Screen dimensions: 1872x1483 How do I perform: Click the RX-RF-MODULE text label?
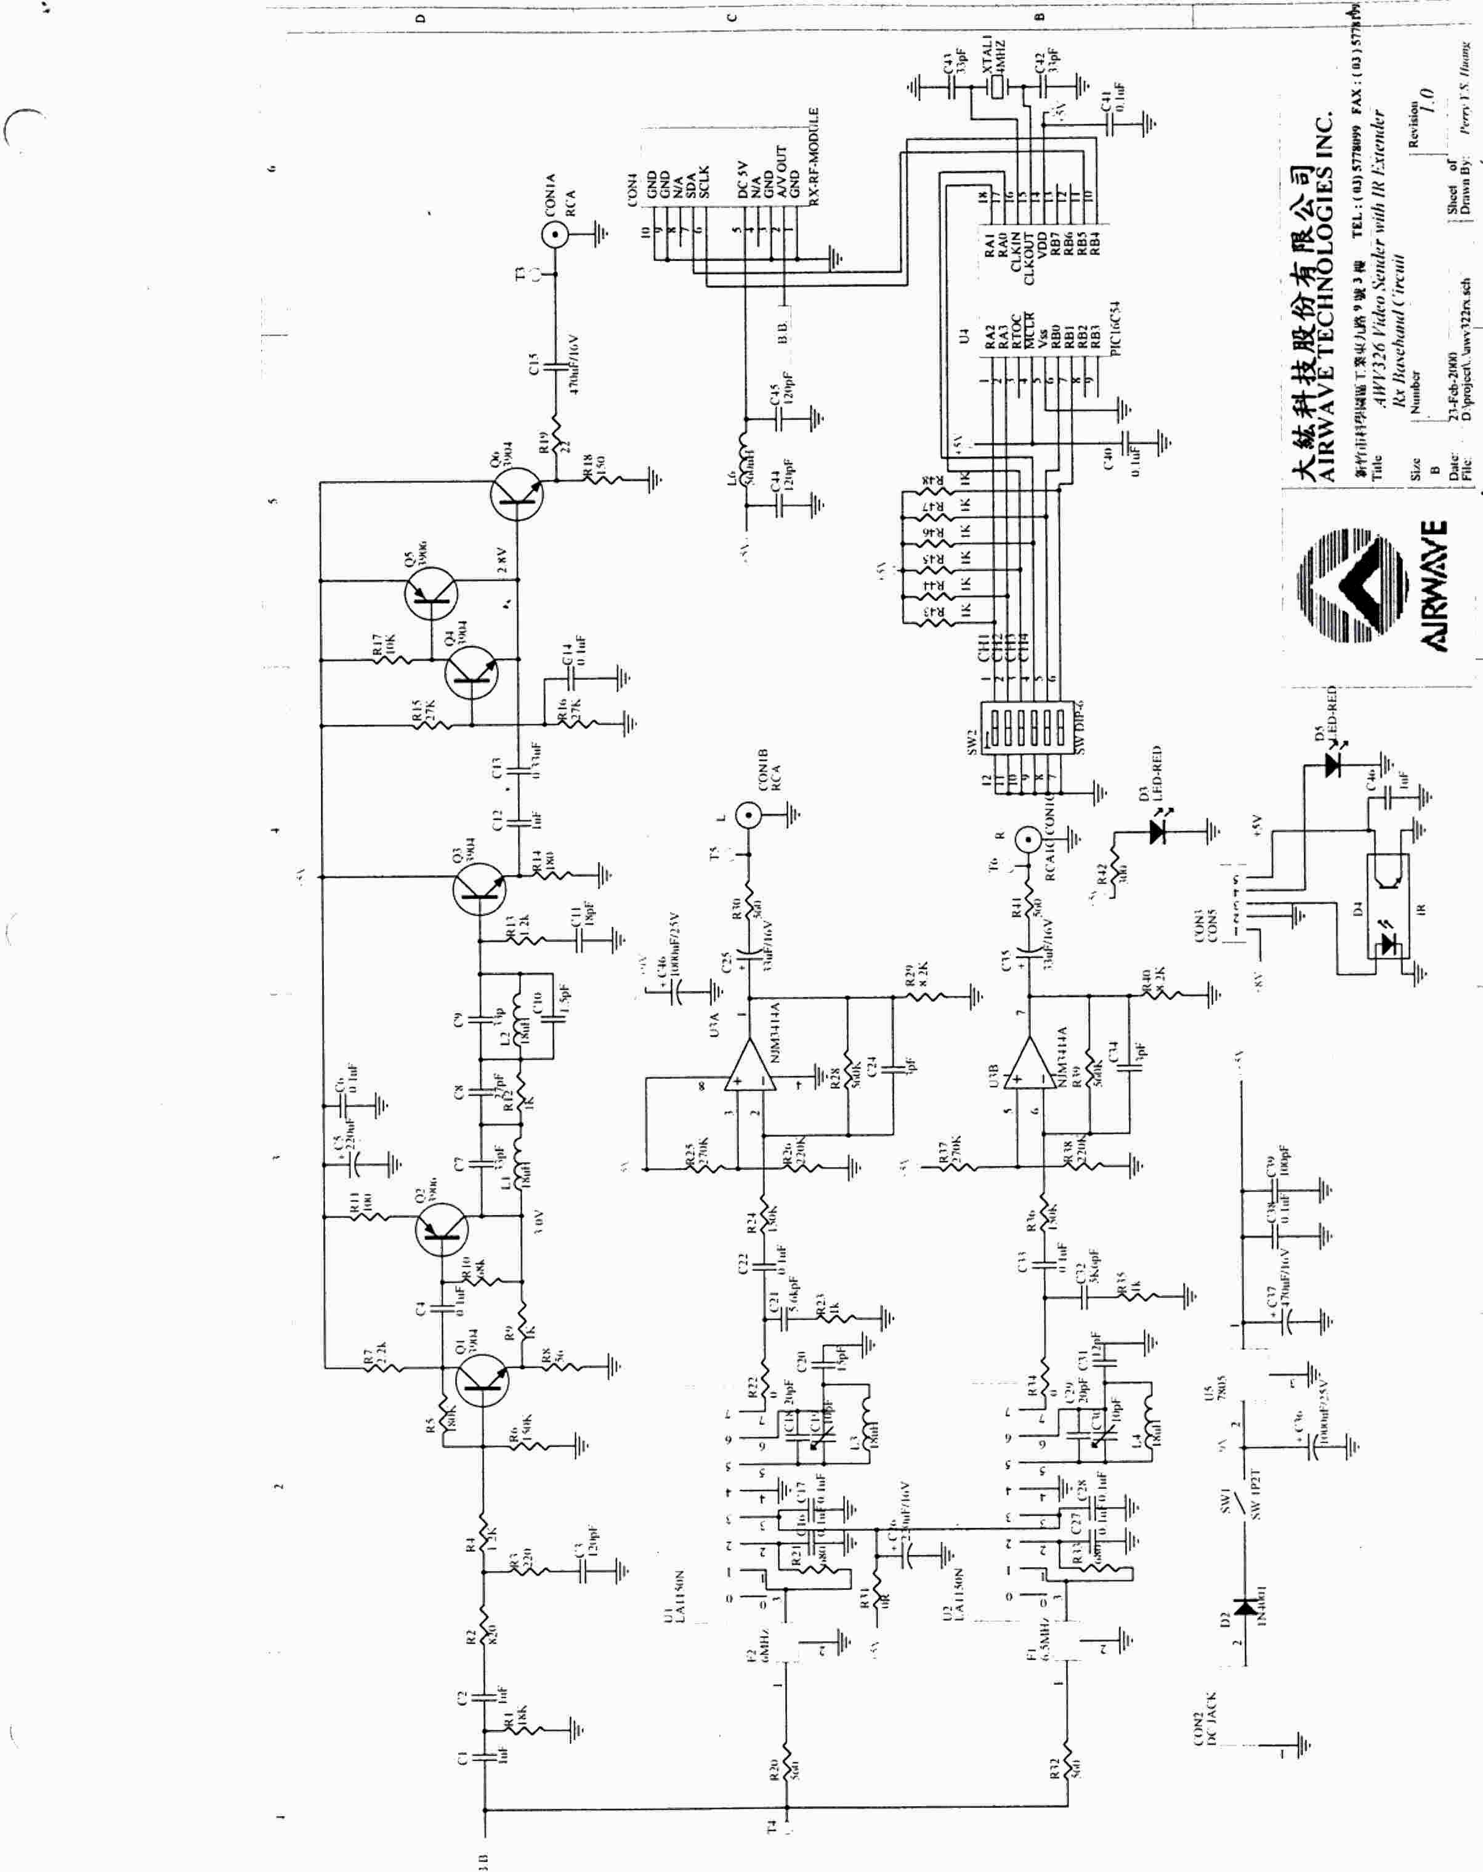pos(814,156)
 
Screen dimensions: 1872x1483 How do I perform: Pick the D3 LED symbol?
pos(1155,831)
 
